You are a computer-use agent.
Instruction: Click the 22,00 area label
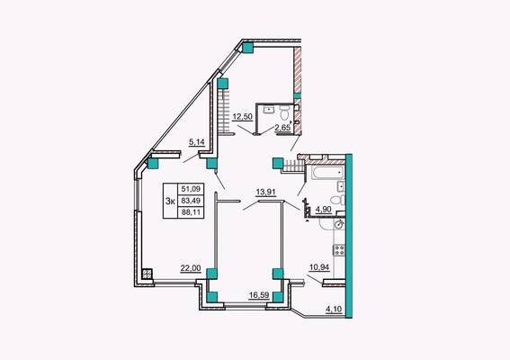click(191, 268)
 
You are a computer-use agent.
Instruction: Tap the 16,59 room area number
click(259, 295)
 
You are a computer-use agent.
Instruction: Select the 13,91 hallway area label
click(265, 192)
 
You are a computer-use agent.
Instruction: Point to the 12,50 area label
click(242, 116)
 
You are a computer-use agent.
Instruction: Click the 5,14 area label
click(197, 142)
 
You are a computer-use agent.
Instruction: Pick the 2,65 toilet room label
click(282, 128)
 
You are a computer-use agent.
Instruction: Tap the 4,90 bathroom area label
click(324, 210)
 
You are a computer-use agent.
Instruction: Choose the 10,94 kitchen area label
click(319, 267)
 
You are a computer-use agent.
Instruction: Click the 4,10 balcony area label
click(334, 309)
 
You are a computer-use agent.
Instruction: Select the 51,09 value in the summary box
click(191, 189)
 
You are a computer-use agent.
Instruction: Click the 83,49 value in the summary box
click(191, 200)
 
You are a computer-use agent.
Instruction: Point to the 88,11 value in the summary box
click(191, 212)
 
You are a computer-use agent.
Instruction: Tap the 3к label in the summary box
click(170, 201)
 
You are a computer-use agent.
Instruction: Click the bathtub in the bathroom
click(327, 172)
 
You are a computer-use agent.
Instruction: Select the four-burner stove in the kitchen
click(339, 250)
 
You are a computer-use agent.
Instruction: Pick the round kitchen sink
click(340, 224)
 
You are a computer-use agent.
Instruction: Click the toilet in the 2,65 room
click(284, 114)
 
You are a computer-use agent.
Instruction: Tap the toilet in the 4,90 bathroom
click(337, 200)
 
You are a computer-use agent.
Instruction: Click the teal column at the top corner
click(248, 48)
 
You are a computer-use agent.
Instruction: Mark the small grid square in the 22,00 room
click(148, 274)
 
